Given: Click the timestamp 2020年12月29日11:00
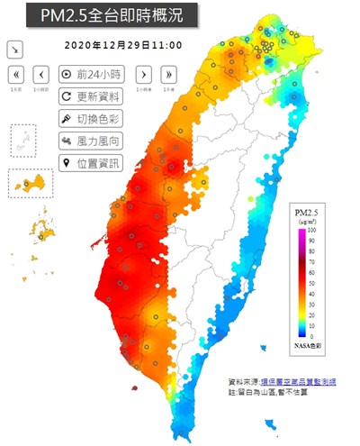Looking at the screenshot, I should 123,44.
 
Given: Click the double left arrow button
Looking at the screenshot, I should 18,74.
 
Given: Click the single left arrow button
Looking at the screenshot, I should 41,74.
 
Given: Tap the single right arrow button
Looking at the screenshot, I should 144,74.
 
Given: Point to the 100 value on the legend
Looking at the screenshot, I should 314,232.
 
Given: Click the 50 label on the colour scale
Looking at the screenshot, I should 313,283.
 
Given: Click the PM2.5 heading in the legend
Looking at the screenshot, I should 309,210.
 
